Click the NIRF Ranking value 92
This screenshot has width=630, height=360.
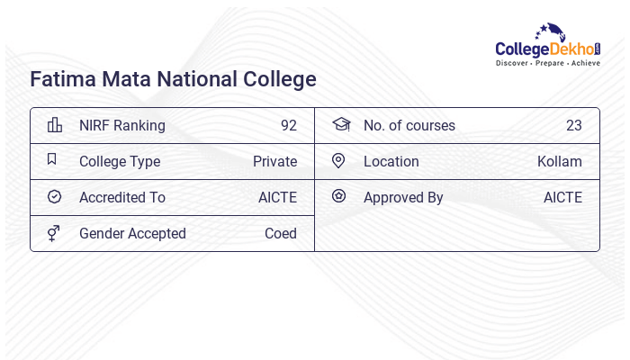tap(288, 126)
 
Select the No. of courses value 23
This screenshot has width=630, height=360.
tap(573, 126)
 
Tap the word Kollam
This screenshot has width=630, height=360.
tap(560, 162)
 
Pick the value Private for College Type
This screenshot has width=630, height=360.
tap(274, 162)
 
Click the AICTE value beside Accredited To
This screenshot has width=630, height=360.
tap(277, 198)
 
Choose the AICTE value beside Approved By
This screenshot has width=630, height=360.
tap(562, 198)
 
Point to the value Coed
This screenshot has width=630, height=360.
tap(281, 234)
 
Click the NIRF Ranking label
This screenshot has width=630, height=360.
tap(122, 126)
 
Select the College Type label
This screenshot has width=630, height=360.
tap(120, 162)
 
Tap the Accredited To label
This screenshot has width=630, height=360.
tap(122, 198)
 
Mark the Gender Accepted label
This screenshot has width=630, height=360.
tap(132, 234)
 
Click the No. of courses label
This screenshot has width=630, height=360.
tap(409, 126)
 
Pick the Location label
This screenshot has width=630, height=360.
tap(391, 162)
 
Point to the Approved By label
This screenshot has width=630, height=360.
tap(403, 198)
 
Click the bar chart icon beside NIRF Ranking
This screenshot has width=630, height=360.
tap(54, 125)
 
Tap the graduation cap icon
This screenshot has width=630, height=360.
tap(339, 124)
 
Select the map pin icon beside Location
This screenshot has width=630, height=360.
tap(338, 160)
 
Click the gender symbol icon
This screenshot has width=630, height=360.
tap(53, 233)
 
